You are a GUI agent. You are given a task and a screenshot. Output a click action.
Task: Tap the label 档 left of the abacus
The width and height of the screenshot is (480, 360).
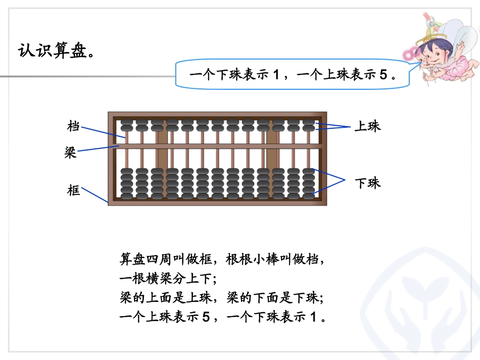pyautogui.click(x=73, y=126)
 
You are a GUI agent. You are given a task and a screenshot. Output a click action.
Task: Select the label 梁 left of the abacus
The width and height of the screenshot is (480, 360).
pyautogui.click(x=70, y=152)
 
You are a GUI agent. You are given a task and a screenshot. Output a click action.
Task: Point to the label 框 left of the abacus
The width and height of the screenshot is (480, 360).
pyautogui.click(x=73, y=190)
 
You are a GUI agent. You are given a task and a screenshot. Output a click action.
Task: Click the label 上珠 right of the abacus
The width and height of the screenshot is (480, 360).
pyautogui.click(x=367, y=126)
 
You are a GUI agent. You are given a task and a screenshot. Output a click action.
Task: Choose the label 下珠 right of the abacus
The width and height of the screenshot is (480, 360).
pyautogui.click(x=367, y=183)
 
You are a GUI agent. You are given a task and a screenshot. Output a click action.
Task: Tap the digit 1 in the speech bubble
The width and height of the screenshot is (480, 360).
pyautogui.click(x=276, y=75)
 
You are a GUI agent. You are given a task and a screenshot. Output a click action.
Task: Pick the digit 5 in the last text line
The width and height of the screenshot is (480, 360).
pyautogui.click(x=205, y=318)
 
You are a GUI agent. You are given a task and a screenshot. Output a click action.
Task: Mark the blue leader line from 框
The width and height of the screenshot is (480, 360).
pyautogui.click(x=95, y=195)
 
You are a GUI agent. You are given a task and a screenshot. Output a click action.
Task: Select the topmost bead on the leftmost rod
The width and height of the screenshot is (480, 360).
pyautogui.click(x=127, y=122)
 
